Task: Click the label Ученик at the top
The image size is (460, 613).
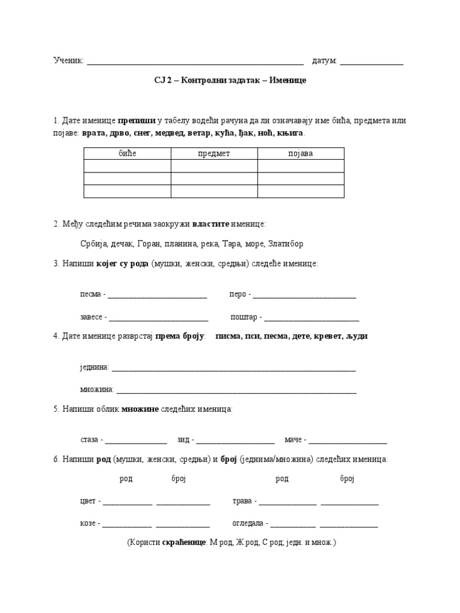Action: pos(68,61)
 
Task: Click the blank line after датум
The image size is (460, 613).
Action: pos(371,62)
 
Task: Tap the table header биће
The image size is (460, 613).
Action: pos(127,154)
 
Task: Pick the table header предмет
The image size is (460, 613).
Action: pos(214,154)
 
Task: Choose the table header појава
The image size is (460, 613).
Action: pos(301,154)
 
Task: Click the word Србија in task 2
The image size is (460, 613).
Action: pos(93,244)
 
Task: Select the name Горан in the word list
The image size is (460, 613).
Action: pos(149,244)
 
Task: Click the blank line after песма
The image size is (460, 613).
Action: pos(157,296)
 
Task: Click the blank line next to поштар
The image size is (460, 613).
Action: pos(311,318)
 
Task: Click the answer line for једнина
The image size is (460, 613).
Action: pos(234,369)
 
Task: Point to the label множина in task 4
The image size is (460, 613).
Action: pos(96,390)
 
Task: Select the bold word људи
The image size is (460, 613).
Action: pos(356,336)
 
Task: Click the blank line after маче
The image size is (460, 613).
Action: pos(348,442)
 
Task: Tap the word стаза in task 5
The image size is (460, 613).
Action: pos(89,440)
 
